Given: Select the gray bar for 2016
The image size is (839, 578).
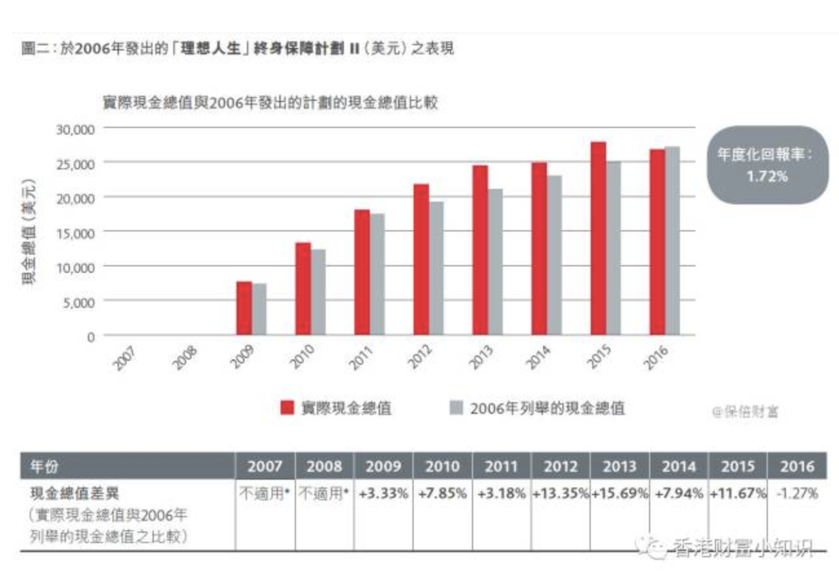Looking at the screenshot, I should pyautogui.click(x=672, y=241).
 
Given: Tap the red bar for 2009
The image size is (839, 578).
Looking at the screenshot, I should pyautogui.click(x=244, y=308).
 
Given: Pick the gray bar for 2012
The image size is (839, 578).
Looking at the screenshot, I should pyautogui.click(x=436, y=268).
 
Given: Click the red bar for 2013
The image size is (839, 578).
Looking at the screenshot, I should pyautogui.click(x=480, y=250).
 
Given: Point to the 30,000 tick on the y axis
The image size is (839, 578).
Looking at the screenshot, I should pyautogui.click(x=76, y=129).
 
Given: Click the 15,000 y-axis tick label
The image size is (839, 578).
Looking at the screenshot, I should pyautogui.click(x=76, y=231).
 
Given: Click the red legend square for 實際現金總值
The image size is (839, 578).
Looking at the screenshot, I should pyautogui.click(x=288, y=408).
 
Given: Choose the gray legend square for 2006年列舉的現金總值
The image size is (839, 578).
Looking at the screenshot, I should pyautogui.click(x=456, y=408).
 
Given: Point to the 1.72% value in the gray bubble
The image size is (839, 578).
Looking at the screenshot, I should pyautogui.click(x=767, y=176).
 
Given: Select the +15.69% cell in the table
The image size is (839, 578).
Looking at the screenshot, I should pyautogui.click(x=619, y=493).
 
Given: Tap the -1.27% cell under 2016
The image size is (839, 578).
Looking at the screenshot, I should pyautogui.click(x=797, y=493).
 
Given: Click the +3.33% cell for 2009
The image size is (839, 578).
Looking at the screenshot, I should pyautogui.click(x=384, y=493).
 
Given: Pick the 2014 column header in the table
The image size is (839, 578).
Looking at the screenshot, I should pyautogui.click(x=679, y=466).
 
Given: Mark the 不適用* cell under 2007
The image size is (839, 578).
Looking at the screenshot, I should pyautogui.click(x=264, y=493).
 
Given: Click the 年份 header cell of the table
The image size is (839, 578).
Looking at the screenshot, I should pyautogui.click(x=45, y=466).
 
